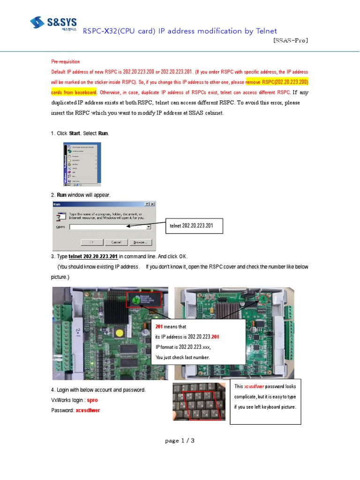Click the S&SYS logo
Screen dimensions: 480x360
53,22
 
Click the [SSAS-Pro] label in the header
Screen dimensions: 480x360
290,40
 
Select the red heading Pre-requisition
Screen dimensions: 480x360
65,61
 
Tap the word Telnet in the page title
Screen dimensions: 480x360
267,31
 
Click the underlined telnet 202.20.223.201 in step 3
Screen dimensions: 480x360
93,256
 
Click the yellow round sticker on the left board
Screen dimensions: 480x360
120,332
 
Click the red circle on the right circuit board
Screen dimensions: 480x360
262,298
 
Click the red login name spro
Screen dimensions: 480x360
92,400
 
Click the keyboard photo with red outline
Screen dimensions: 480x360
199,401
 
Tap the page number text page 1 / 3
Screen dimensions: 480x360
180,441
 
